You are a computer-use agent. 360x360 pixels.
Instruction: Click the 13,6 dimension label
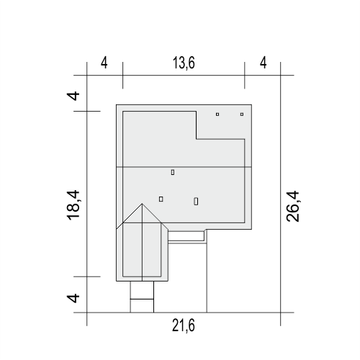coord(184,63)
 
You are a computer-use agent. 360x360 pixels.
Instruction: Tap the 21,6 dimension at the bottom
coord(184,325)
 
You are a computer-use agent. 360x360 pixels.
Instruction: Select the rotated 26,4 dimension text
coord(293,206)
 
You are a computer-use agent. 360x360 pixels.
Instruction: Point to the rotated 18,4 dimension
coord(73,205)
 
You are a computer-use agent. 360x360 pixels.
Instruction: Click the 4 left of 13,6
coord(104,63)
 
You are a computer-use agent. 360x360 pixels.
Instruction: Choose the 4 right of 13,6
coord(264,63)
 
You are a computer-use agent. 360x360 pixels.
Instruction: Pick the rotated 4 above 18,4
coord(73,96)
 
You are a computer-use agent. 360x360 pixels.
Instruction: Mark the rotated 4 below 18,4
coord(73,298)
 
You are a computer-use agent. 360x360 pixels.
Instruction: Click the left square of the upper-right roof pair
coord(217,114)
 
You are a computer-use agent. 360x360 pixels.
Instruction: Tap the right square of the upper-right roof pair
coord(242,114)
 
